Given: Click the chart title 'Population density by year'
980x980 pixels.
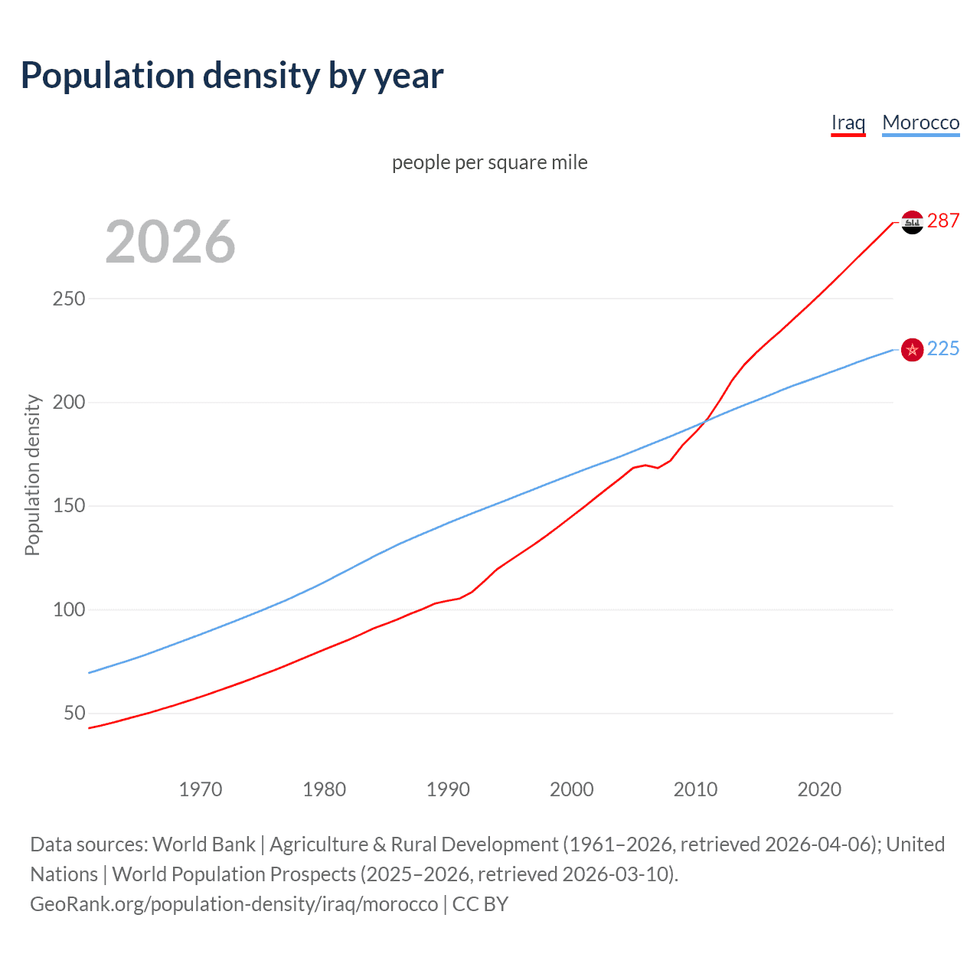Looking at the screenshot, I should click(x=232, y=76).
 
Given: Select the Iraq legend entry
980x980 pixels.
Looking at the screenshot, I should click(x=848, y=122).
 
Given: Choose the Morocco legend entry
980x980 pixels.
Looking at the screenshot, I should click(x=920, y=122).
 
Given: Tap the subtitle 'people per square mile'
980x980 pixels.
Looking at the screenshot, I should click(x=489, y=162).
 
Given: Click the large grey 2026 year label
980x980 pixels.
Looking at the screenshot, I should click(x=170, y=242).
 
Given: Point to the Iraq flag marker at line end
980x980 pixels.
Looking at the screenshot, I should click(x=912, y=222).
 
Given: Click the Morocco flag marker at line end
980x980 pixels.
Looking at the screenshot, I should click(x=912, y=350).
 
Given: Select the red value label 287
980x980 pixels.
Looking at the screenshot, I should click(x=943, y=221).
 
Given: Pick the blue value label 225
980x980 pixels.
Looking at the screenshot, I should click(x=943, y=349).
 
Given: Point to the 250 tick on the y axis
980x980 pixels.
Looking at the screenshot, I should click(x=69, y=299).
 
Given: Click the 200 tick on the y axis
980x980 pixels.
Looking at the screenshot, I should click(x=69, y=402).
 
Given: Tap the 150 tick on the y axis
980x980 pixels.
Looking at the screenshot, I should click(x=69, y=506).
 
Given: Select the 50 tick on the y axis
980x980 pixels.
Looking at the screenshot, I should click(x=74, y=714).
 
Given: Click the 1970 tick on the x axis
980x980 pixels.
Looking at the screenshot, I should click(x=201, y=789).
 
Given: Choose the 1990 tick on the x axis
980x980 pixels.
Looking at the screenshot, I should click(x=448, y=789).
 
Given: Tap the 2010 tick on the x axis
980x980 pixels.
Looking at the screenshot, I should click(x=695, y=789).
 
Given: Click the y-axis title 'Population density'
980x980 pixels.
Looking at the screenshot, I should click(x=32, y=475).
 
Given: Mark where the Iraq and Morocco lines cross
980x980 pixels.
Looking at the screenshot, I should click(x=703, y=422).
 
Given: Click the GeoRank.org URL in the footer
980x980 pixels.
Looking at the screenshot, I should click(x=234, y=904).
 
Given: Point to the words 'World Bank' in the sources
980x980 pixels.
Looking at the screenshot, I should click(x=204, y=844).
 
